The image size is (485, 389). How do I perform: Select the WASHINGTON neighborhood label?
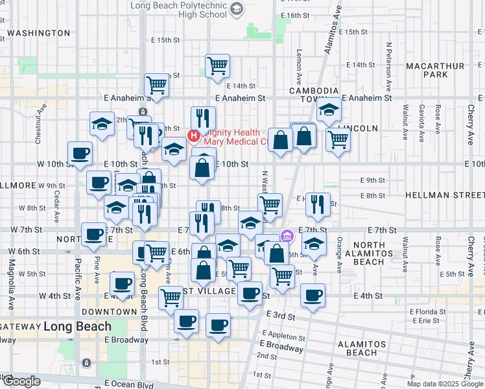39,33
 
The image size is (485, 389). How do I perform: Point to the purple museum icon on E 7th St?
287,235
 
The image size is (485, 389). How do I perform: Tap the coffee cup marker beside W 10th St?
80,154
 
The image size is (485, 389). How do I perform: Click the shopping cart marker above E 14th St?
218,65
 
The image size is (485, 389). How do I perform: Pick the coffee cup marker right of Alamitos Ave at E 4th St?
313,295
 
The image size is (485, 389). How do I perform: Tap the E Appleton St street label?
282,336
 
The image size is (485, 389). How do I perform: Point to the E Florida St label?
425,312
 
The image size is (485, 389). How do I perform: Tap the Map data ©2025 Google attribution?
445,384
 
